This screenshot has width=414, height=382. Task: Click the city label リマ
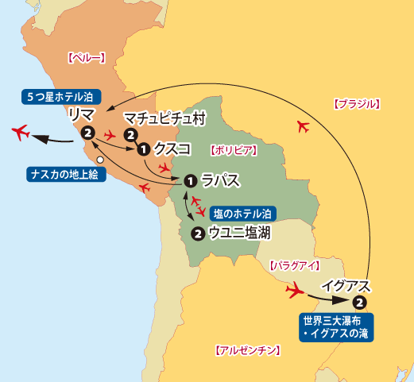[x=82, y=114]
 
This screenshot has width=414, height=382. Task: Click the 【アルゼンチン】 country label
[x=248, y=349]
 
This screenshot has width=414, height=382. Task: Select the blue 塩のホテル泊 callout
[x=243, y=214]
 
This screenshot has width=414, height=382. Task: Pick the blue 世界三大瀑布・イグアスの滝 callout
[x=337, y=327]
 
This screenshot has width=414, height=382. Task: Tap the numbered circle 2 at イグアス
[x=359, y=303]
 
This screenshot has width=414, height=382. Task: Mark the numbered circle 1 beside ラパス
[x=190, y=181]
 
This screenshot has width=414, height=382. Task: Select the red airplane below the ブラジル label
[x=301, y=125]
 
